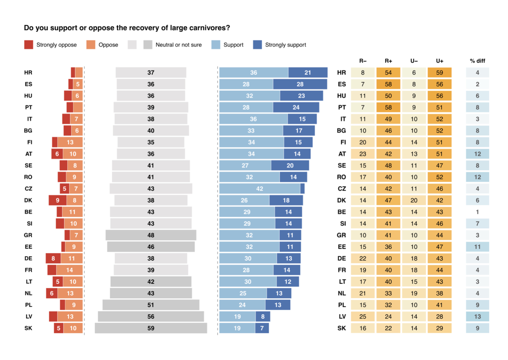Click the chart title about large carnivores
[127, 28]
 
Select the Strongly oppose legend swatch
[29, 45]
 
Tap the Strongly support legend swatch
[258, 45]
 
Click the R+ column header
[388, 61]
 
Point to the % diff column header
[477, 61]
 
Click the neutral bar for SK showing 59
[151, 328]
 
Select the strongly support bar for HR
[308, 73]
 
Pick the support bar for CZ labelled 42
[260, 189]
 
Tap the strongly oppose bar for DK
[58, 200]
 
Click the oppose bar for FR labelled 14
[69, 270]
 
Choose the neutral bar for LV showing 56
[151, 317]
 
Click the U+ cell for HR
[439, 73]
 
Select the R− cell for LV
[363, 317]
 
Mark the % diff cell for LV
[477, 317]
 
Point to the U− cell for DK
[414, 200]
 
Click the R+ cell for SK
[388, 328]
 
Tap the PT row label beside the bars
[29, 107]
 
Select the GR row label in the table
[341, 235]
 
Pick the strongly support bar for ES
[300, 84]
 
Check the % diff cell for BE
[477, 212]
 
